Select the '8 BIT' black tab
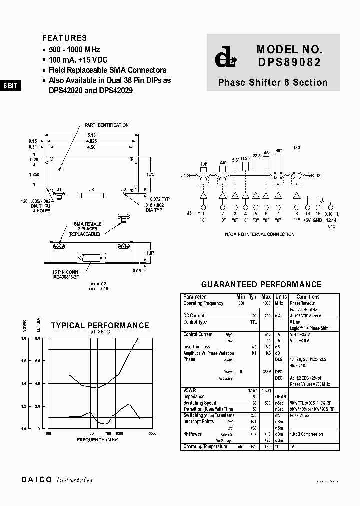10,86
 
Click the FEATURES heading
64,38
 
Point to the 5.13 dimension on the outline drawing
92,135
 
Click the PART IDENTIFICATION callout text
106,125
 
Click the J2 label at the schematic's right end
318,176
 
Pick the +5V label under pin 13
308,220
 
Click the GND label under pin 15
318,220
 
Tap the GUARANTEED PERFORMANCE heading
261,284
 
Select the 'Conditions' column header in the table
308,297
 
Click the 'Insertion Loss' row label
197,347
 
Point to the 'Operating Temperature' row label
205,446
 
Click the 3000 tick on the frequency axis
152,433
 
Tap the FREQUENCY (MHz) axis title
98,439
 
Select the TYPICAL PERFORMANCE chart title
100,325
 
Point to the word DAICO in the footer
37,480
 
